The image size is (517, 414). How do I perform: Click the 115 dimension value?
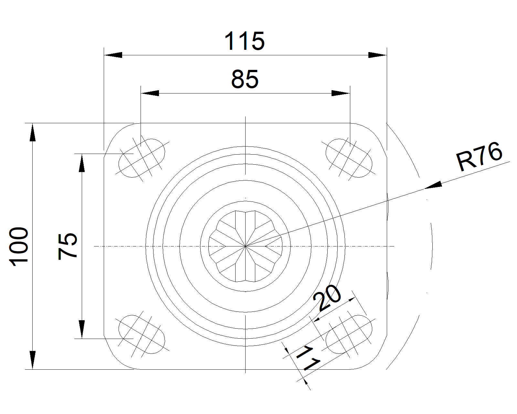click(x=244, y=41)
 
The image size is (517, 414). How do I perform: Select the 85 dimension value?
click(x=245, y=79)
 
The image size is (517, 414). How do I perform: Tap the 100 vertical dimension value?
click(x=19, y=247)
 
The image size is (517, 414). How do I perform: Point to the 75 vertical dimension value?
click(x=68, y=246)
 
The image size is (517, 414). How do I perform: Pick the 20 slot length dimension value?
click(x=327, y=298)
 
